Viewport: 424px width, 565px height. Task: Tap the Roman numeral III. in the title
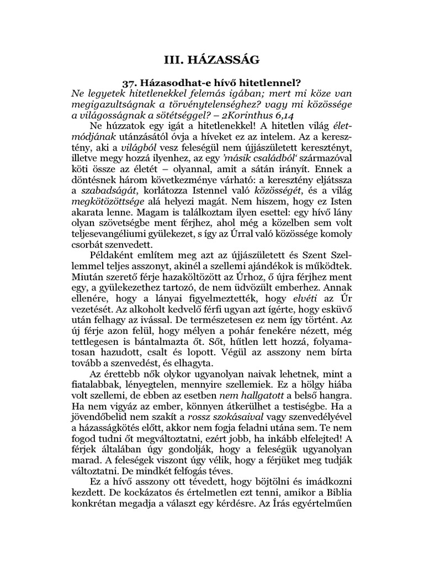click(179, 59)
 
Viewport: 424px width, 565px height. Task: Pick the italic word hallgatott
click(257, 396)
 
